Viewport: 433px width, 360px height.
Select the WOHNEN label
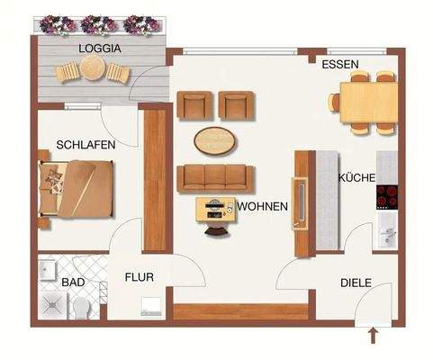tap(262, 206)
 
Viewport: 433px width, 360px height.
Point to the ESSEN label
tap(340, 65)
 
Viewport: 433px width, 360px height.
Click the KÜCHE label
tap(356, 177)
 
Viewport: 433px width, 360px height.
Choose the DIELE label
tap(356, 283)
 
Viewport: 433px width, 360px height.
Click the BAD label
tap(73, 283)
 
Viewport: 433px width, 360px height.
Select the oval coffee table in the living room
tap(217, 140)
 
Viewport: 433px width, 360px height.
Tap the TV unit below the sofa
tap(216, 209)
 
